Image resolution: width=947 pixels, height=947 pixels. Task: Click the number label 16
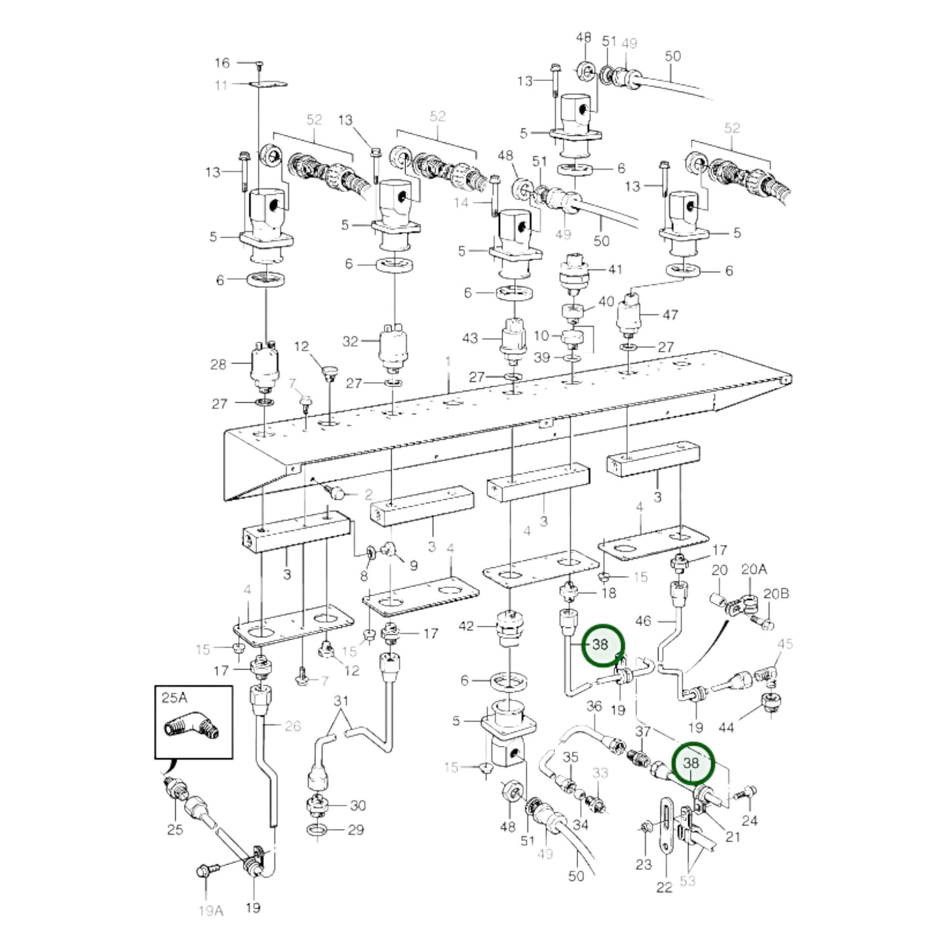222,63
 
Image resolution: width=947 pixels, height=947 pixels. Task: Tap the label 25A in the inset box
174,698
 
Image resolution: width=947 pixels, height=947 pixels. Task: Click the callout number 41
615,269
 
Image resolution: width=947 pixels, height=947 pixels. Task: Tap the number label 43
470,338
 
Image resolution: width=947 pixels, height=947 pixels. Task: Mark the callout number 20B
776,594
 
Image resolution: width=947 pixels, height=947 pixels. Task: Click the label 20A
753,570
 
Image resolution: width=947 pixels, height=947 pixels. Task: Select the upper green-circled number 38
600,644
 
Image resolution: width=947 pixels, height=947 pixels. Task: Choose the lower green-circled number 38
691,763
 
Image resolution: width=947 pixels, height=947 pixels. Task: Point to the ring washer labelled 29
319,830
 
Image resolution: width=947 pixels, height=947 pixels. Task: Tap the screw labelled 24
746,792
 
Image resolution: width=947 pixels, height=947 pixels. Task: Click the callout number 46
644,620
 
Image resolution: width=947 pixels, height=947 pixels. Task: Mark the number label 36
594,706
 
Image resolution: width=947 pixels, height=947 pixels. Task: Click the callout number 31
341,701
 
